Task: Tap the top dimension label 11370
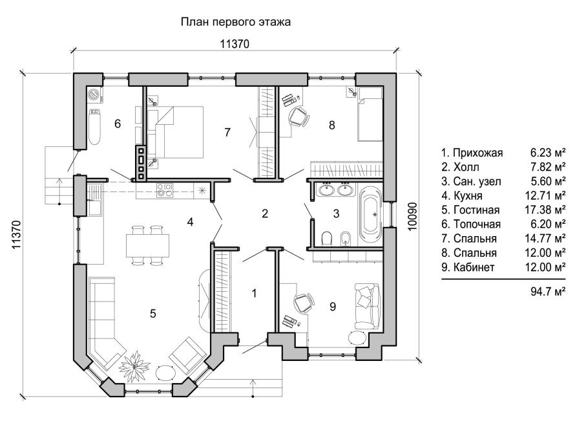click(235, 44)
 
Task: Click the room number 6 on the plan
click(117, 123)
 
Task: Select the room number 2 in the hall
click(264, 213)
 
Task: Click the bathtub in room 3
click(371, 211)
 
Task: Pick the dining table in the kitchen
click(148, 245)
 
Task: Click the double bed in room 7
click(176, 132)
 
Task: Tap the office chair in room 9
click(303, 302)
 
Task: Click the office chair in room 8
click(299, 117)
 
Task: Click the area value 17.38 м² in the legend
click(547, 210)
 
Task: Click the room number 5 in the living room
click(152, 314)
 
